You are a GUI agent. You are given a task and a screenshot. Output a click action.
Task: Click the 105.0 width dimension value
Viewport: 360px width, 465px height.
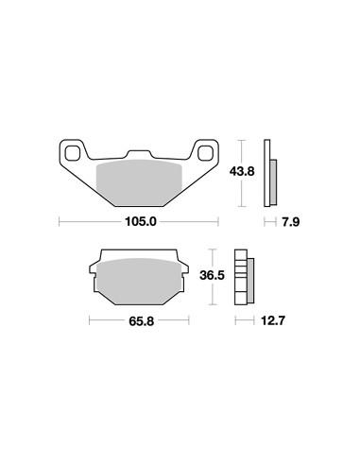141,222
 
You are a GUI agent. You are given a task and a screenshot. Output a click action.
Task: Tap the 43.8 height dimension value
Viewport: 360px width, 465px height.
242,172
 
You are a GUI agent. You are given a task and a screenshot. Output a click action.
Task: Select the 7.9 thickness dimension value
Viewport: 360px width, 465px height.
291,222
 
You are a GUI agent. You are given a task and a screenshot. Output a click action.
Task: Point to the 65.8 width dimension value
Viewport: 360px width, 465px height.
141,321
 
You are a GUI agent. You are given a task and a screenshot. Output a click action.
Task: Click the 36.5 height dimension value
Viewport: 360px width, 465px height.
212,276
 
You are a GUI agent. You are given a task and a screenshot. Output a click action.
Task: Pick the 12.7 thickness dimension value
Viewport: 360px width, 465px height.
273,321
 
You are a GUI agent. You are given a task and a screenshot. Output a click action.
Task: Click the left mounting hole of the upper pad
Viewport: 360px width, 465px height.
72,153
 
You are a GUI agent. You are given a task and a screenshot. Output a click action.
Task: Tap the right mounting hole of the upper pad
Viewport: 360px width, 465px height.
205,153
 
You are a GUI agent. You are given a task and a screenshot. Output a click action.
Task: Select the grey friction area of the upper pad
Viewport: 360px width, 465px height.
139,182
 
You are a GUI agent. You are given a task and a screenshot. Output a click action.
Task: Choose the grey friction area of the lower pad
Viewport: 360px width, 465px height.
140,281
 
